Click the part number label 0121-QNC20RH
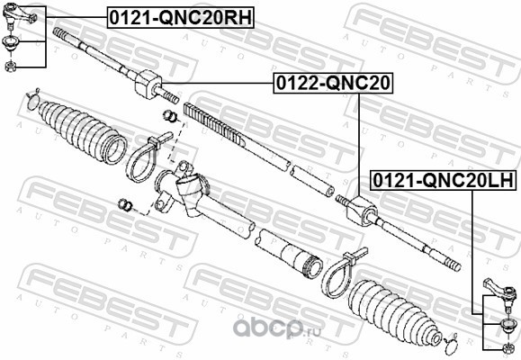coord(181,18)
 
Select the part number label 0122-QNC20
coord(333,83)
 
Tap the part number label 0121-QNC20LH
coord(444,181)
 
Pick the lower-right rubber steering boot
coord(394,310)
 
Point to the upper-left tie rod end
coord(18,14)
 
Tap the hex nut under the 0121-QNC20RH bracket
coord(10,66)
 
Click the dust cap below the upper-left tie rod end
coord(11,42)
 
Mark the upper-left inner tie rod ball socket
coord(148,84)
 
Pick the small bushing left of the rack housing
coord(125,204)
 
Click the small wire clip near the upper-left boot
coord(32,99)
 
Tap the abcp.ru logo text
coord(277,328)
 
